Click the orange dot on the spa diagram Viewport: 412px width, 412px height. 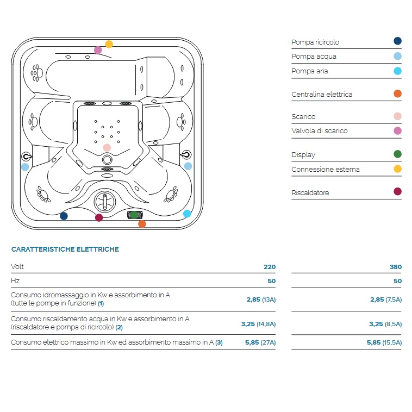(142, 224)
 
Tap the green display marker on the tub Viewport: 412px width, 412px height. (134, 215)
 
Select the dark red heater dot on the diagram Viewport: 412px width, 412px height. (99, 217)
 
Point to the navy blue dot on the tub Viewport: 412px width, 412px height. (64, 216)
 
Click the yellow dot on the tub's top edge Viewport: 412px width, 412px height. (109, 44)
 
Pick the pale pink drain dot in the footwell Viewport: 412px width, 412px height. (107, 147)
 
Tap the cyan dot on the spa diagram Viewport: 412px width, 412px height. (187, 214)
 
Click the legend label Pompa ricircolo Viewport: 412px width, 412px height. (315, 42)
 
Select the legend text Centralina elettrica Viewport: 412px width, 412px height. (322, 95)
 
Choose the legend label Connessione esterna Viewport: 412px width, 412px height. (326, 170)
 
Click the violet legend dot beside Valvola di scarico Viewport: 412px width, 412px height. (397, 130)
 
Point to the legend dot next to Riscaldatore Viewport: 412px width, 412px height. (397, 191)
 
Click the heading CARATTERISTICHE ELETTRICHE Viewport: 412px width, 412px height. (65, 249)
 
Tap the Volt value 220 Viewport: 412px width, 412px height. (270, 267)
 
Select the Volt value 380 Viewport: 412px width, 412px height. (396, 267)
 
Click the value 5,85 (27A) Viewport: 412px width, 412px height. (260, 342)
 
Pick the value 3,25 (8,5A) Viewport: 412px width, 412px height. (385, 324)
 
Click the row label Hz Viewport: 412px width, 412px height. (15, 281)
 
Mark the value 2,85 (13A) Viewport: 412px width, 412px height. (261, 300)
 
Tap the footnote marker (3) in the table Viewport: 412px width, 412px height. (219, 342)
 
